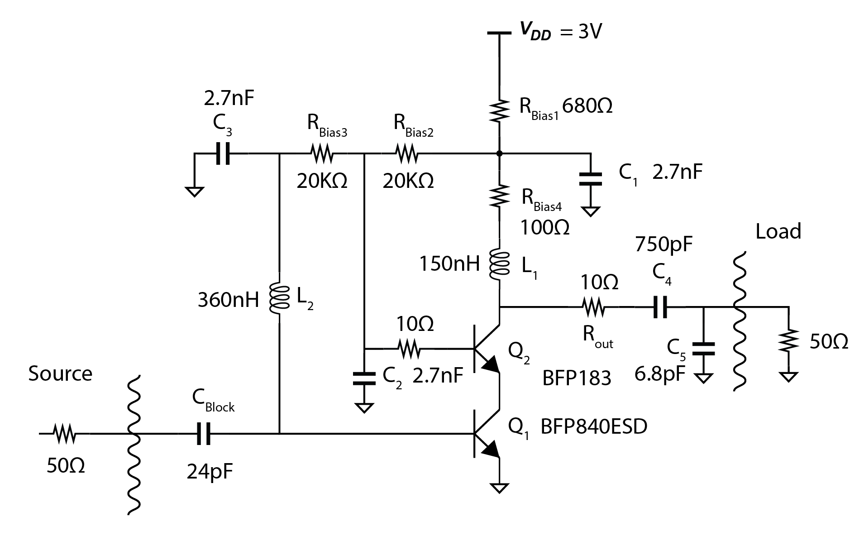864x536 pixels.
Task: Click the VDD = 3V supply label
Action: point(560,32)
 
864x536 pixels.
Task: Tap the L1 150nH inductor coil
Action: point(499,264)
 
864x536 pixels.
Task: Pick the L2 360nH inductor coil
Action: point(279,299)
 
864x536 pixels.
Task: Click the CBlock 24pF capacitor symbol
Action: point(204,434)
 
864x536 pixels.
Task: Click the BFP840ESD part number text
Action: point(594,426)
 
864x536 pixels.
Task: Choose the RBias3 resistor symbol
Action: point(322,154)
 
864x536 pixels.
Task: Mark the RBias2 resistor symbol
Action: point(407,154)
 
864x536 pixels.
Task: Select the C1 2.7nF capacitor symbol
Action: point(591,179)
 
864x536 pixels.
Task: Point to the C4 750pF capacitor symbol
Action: point(660,307)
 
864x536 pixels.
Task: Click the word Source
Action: point(60,374)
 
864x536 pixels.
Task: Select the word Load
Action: point(778,232)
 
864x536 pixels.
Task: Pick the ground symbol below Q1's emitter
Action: point(499,488)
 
